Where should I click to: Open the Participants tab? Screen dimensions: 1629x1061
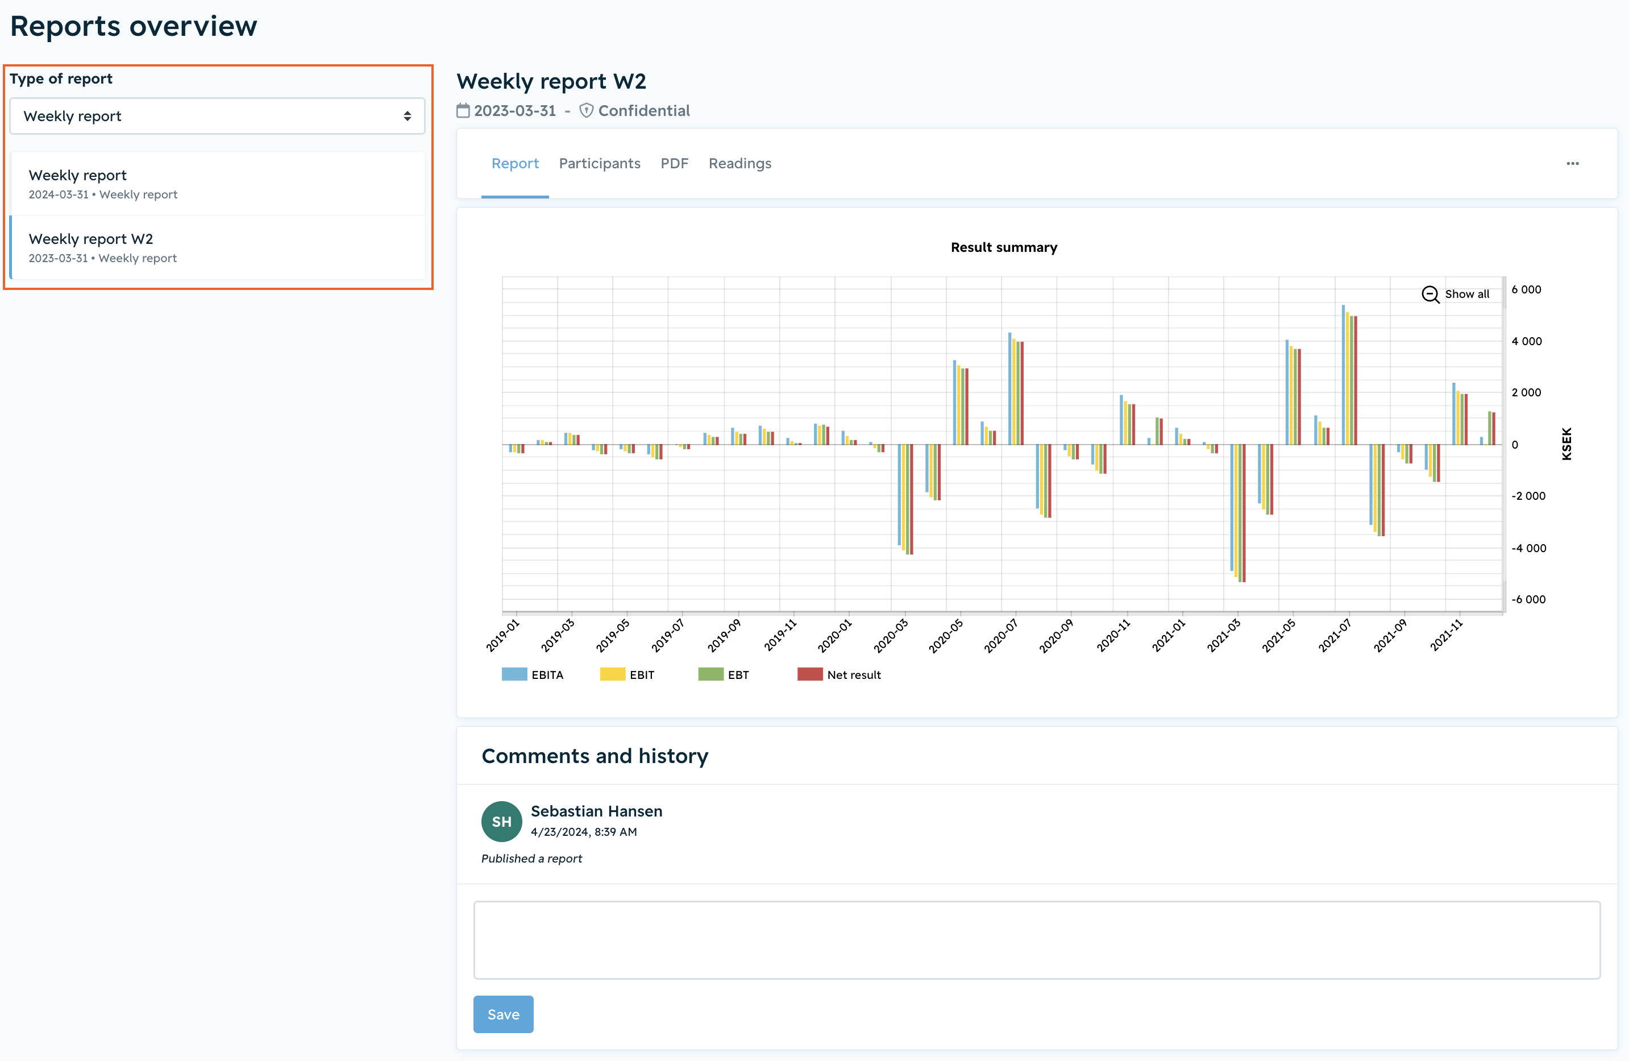(600, 164)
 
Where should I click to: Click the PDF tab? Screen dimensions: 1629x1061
(674, 164)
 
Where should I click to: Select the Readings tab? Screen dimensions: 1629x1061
(740, 164)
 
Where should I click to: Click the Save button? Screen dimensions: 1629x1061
(503, 1014)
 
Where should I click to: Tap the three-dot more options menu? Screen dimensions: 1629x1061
(1573, 164)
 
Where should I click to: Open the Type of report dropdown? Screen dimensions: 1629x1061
(217, 117)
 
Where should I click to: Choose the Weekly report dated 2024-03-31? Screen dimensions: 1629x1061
(218, 184)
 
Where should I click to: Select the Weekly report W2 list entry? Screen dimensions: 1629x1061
(218, 247)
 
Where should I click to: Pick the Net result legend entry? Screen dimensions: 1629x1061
(839, 674)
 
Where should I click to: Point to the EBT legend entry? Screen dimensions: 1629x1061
(724, 674)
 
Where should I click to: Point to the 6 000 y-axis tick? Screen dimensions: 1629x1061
(1526, 289)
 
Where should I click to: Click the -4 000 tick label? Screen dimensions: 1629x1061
(1528, 548)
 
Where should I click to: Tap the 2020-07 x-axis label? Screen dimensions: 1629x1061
(1001, 636)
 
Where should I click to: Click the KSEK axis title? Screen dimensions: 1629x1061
(1566, 444)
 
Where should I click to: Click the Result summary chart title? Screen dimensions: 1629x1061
(1003, 247)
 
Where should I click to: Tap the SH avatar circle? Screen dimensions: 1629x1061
(502, 822)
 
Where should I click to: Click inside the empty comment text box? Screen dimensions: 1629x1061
(1037, 940)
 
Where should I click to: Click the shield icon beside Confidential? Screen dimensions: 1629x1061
(587, 110)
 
